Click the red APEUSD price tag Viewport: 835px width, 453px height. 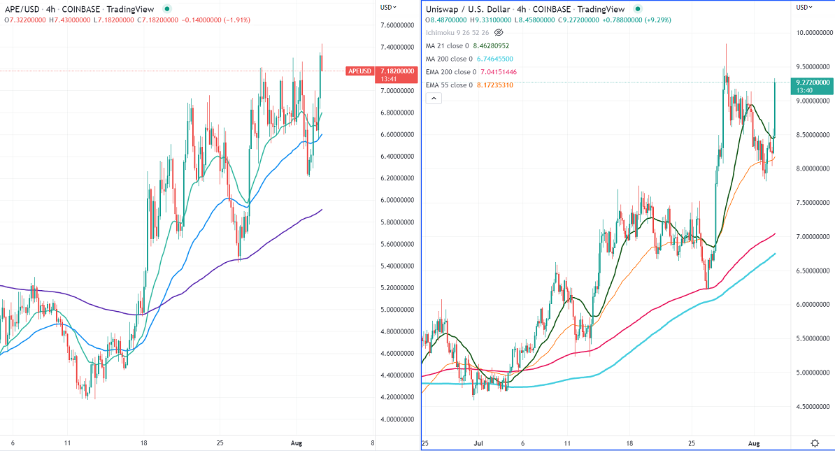click(x=360, y=71)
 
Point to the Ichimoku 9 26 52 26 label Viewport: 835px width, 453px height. click(x=456, y=33)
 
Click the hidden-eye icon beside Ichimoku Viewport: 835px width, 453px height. click(x=499, y=33)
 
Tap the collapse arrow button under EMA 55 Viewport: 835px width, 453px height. click(x=434, y=99)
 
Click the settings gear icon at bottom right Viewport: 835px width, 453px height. click(x=815, y=443)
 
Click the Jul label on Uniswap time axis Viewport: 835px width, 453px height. click(x=478, y=443)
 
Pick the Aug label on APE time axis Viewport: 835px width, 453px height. click(x=296, y=443)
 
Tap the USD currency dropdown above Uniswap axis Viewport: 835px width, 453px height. click(x=805, y=7)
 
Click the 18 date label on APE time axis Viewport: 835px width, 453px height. click(x=143, y=443)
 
